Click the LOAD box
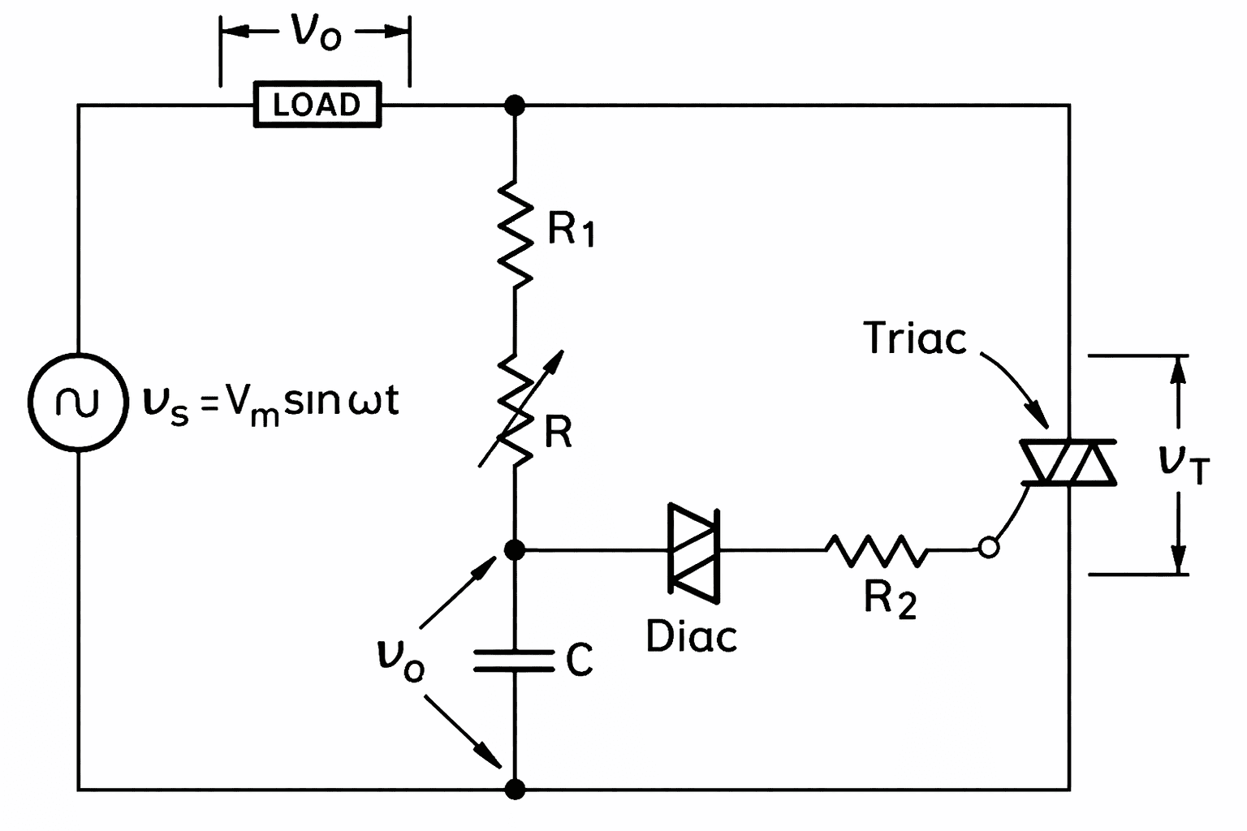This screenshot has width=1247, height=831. click(x=317, y=105)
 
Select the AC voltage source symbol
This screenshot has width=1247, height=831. click(x=78, y=401)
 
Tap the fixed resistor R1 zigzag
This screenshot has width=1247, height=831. click(x=515, y=231)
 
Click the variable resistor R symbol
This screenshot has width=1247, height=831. click(x=515, y=410)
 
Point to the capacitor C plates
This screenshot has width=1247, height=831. click(x=515, y=661)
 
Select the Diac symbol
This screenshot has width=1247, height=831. click(x=693, y=553)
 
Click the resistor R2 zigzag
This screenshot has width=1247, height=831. click(x=874, y=550)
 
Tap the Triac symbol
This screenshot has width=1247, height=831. click(x=1068, y=463)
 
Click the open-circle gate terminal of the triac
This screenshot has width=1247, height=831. click(x=988, y=548)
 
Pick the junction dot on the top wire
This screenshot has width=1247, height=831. click(x=515, y=105)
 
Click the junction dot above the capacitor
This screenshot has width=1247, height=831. click(x=515, y=550)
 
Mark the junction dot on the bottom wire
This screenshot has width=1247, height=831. click(x=515, y=788)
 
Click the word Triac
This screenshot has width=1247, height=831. click(x=915, y=338)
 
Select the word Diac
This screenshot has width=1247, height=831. click(x=692, y=636)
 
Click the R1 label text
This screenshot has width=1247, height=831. click(x=571, y=230)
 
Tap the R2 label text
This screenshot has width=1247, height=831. click(x=890, y=600)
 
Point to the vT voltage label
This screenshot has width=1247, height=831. click(x=1184, y=463)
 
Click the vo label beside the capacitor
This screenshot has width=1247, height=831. click(x=400, y=657)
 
